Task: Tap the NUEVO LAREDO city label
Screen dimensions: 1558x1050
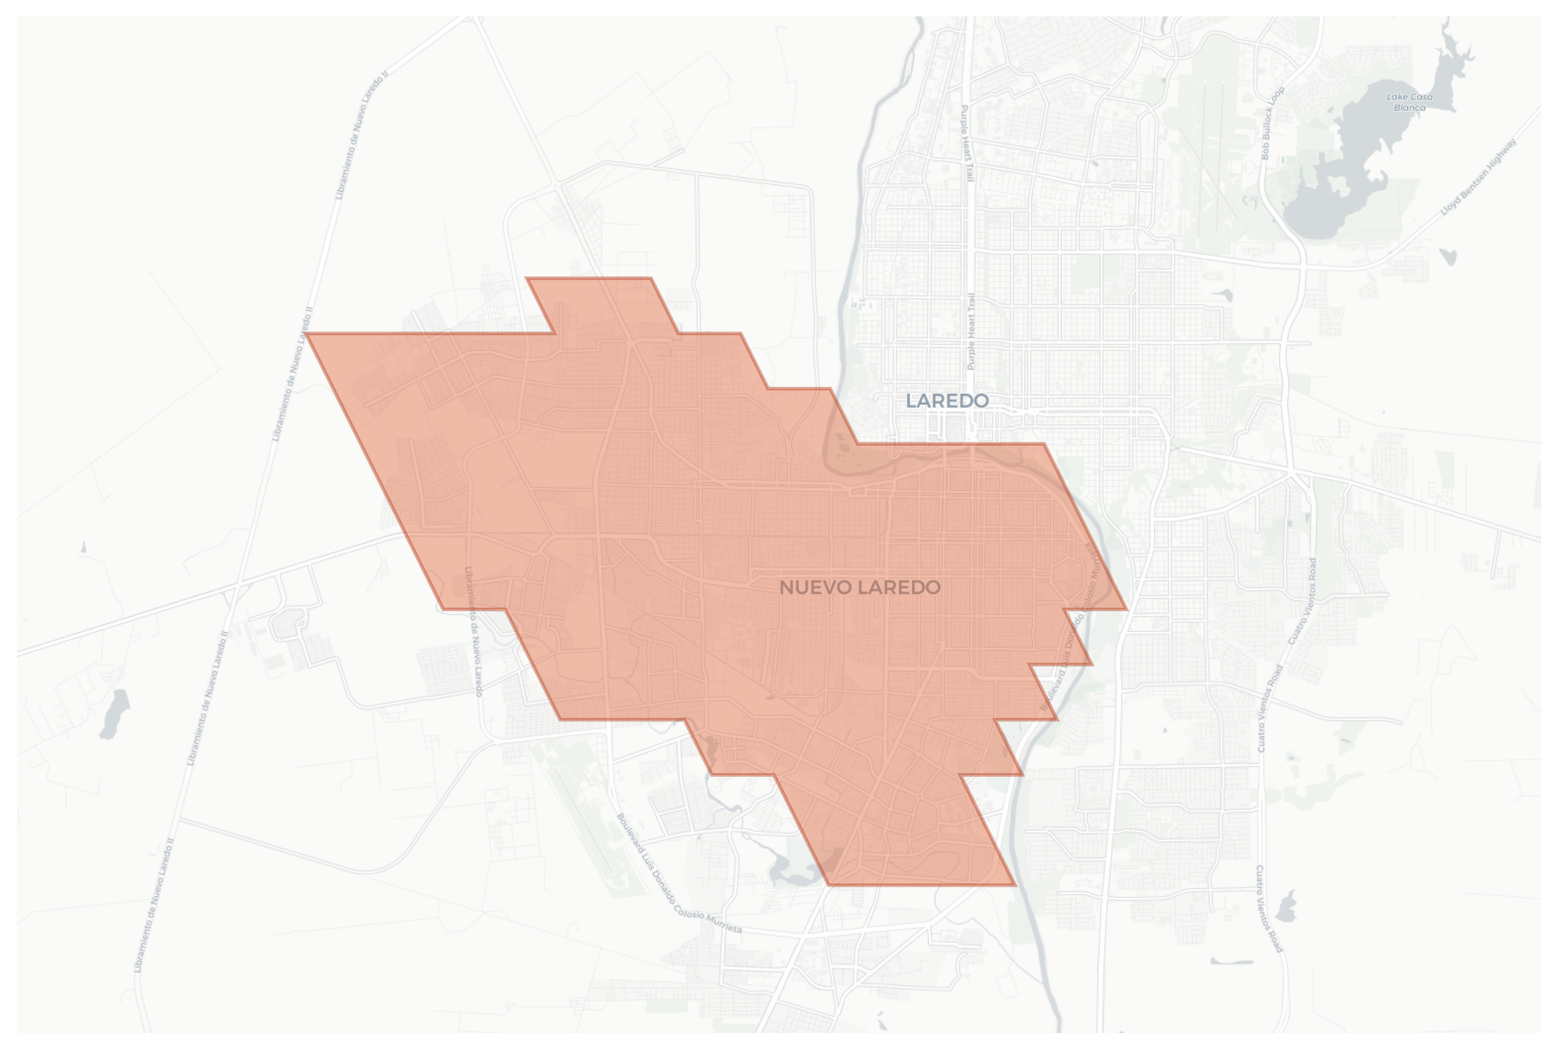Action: click(x=860, y=587)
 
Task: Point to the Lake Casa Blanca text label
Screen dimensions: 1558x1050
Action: click(x=1409, y=102)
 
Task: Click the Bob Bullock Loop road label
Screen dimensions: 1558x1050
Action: click(x=1272, y=123)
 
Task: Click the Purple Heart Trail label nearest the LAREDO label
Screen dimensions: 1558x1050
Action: click(x=971, y=332)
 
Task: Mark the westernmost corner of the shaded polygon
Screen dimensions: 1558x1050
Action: click(x=306, y=333)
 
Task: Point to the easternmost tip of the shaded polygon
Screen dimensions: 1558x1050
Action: click(x=1127, y=609)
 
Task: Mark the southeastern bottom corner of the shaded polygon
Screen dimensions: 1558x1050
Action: click(x=1016, y=885)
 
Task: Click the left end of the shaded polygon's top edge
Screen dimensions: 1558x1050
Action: click(x=527, y=278)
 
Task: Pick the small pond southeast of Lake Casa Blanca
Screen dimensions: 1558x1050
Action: click(x=1449, y=256)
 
